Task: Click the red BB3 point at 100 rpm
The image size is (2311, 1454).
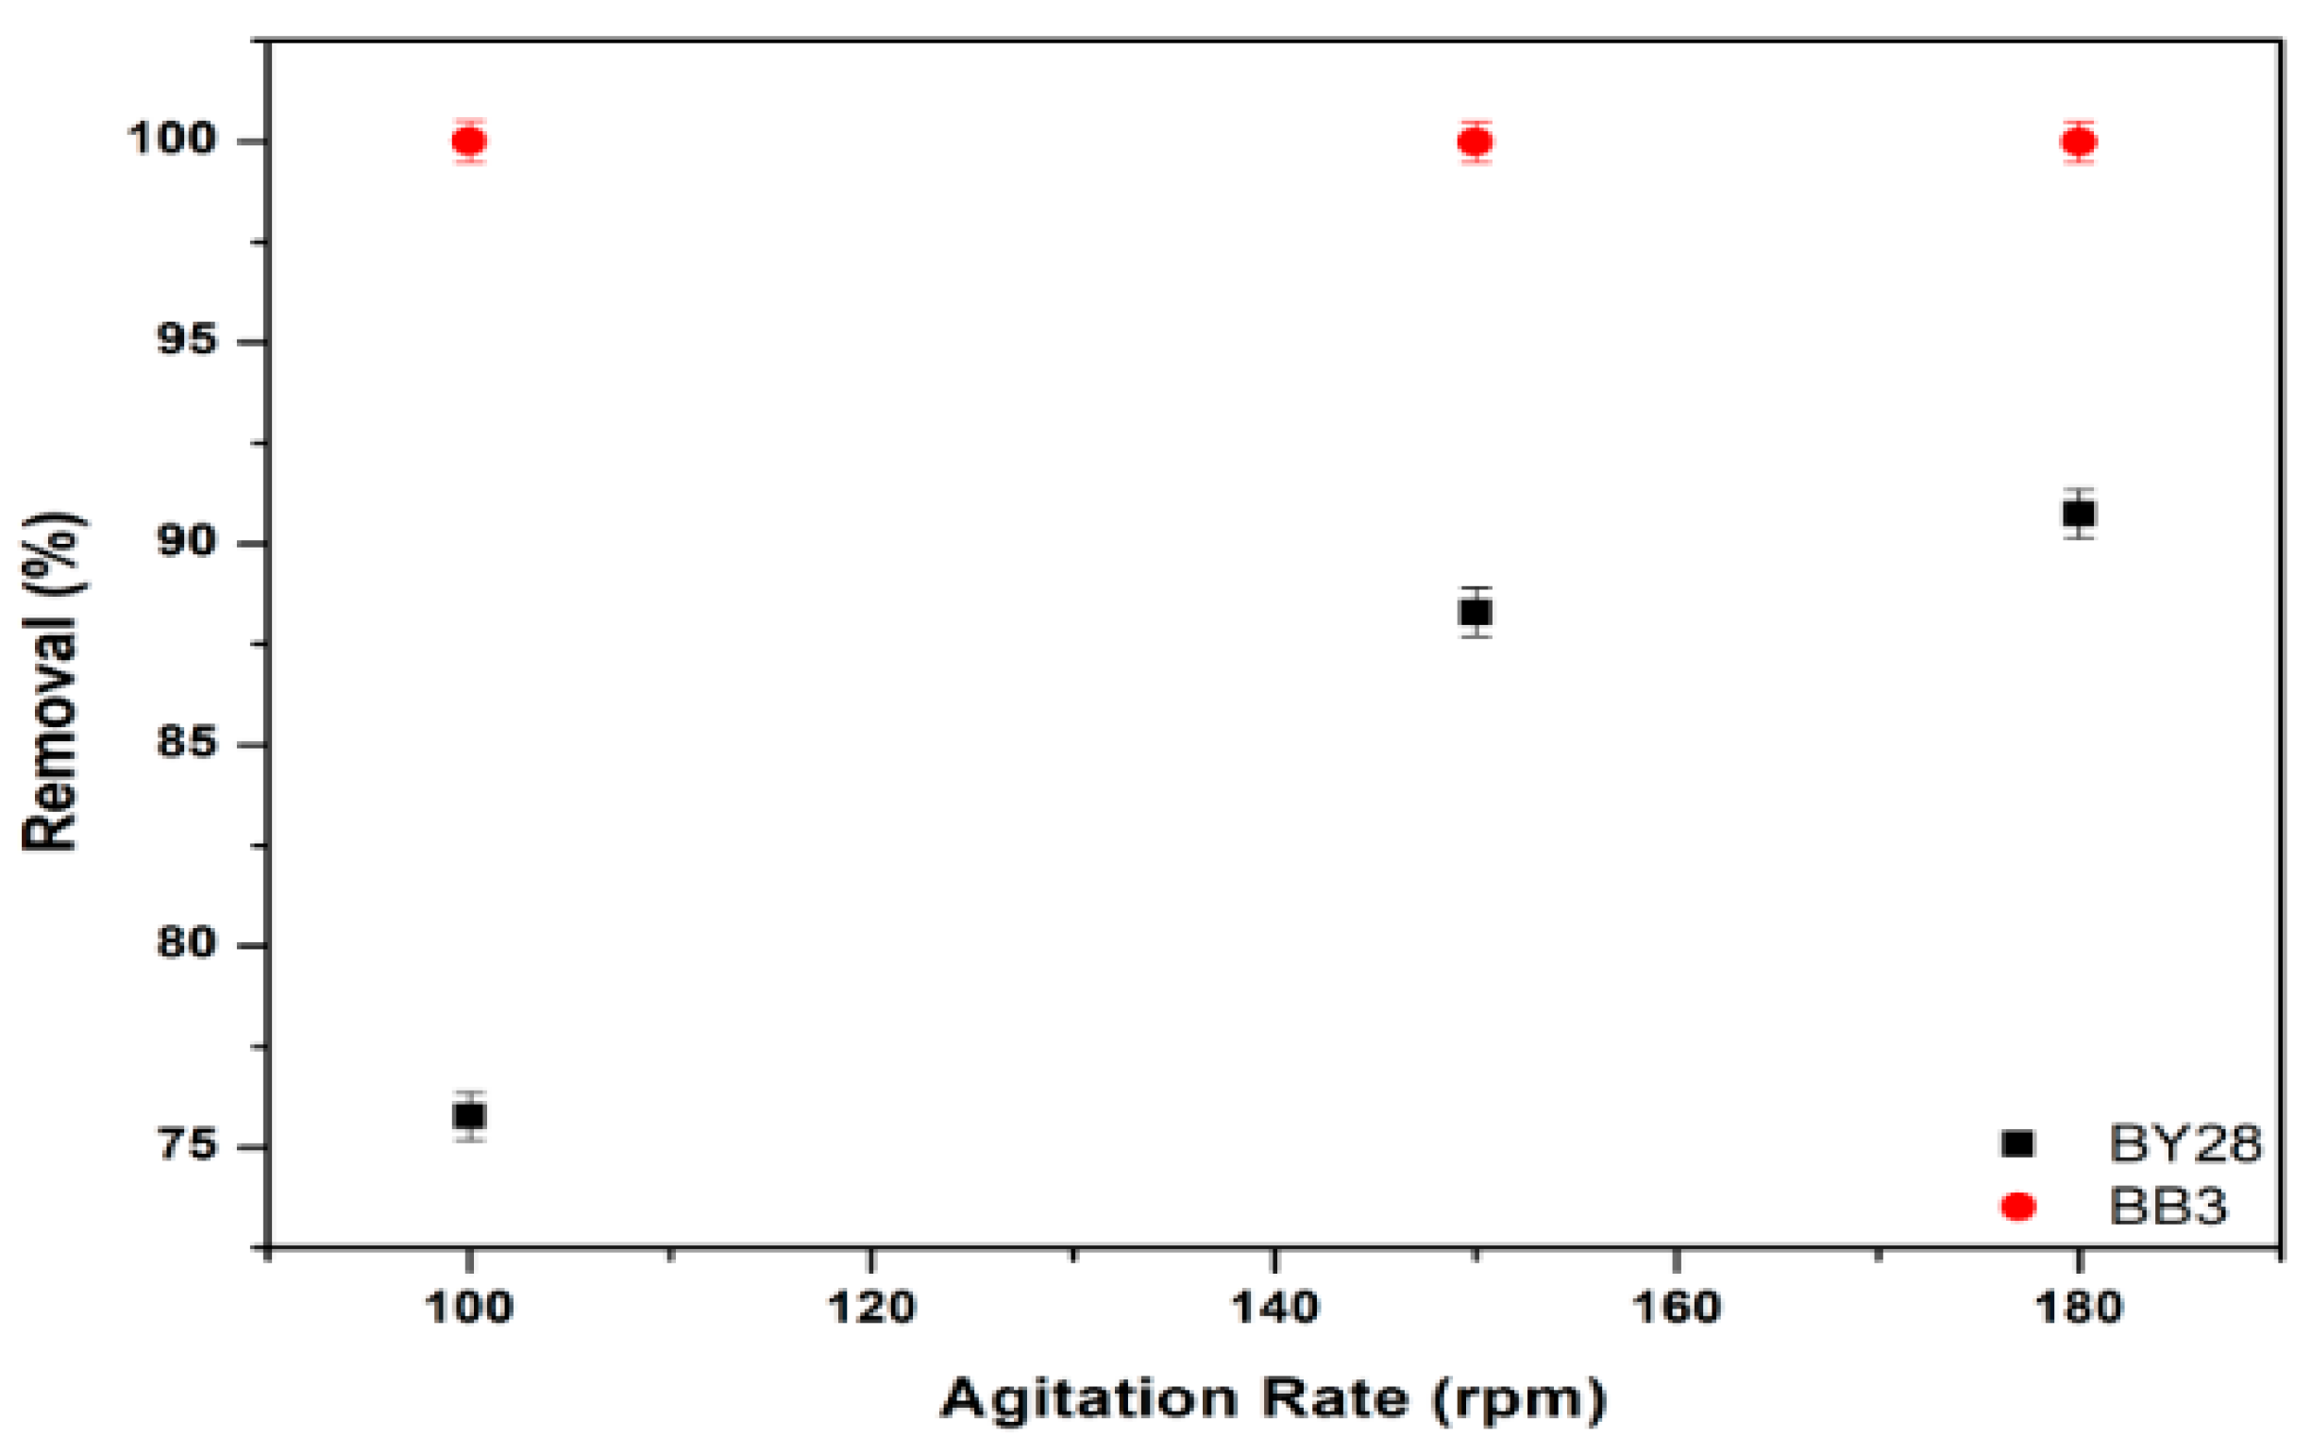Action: coord(469,142)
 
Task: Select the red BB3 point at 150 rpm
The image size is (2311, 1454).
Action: coord(1476,142)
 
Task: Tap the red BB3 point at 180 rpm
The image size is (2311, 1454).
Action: coord(2079,142)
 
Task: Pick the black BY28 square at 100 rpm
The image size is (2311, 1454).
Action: coord(469,1115)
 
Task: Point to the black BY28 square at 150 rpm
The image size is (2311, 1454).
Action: coord(1476,612)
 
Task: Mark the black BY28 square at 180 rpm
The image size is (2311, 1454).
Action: coord(2079,514)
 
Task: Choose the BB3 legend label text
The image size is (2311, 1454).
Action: coord(2168,1207)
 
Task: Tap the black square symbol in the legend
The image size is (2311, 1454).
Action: coord(2018,1143)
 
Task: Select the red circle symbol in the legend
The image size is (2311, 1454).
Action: coord(2018,1207)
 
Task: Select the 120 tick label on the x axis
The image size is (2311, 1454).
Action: coord(871,1308)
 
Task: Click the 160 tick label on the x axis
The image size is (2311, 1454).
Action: coord(1676,1308)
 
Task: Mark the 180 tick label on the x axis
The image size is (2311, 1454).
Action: coord(2079,1308)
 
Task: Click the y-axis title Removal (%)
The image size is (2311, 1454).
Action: coord(53,682)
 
